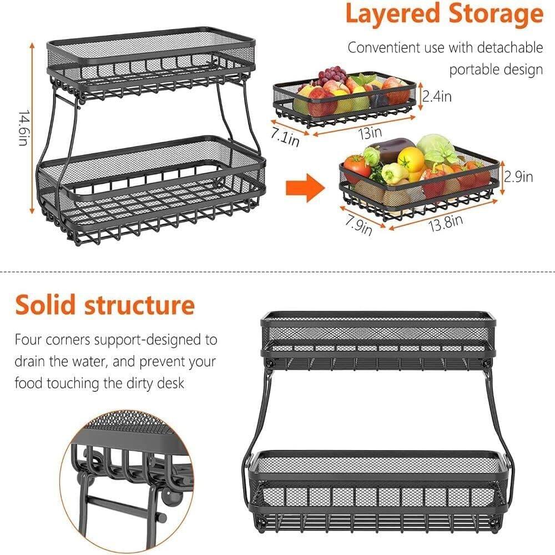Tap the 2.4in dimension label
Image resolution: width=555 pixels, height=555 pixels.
(437, 97)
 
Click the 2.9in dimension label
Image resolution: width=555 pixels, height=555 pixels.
(518, 176)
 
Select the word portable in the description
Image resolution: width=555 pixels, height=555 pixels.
(469, 70)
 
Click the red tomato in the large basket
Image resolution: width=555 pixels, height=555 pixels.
(356, 166)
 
